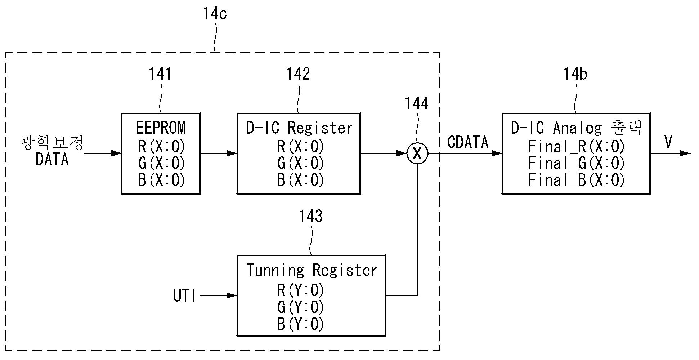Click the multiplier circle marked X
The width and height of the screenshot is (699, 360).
point(417,154)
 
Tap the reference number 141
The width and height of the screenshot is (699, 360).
point(160,74)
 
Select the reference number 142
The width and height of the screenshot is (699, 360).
point(298,74)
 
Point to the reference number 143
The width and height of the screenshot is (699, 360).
point(311,216)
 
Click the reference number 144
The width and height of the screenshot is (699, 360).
point(417,103)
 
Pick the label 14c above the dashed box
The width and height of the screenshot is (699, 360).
point(215,13)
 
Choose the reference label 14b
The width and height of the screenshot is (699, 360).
point(575,74)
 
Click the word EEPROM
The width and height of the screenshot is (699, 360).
point(161,128)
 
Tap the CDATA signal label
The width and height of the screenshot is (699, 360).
point(468,142)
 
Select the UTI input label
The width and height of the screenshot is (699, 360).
point(185,296)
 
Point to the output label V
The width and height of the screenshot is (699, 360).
point(668,142)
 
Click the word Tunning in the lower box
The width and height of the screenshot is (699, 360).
point(275,270)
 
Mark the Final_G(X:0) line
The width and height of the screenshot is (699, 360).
point(576,163)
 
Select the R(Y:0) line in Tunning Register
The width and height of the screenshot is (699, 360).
point(301,290)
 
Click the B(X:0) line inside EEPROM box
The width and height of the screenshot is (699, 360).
point(161,180)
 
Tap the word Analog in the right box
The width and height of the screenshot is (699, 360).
point(577,128)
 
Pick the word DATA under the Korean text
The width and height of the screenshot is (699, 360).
point(52,159)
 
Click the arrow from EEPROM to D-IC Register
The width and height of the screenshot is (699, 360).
point(218,154)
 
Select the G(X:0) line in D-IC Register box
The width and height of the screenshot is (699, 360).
point(301,163)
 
